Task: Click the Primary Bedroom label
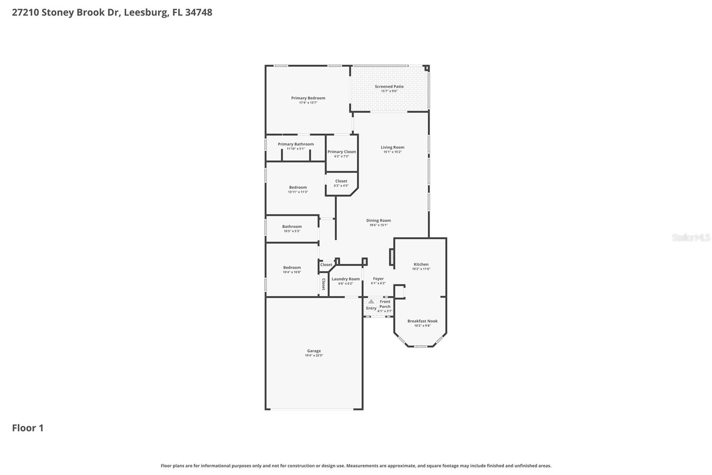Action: pos(308,98)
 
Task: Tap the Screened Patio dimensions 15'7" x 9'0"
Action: pos(389,91)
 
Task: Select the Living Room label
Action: pos(392,147)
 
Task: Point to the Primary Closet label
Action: pos(341,152)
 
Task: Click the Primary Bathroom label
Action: pos(295,144)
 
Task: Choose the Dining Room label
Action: pos(378,221)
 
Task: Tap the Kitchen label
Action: pos(421,265)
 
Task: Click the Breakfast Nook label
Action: pos(422,321)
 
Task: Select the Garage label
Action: pos(314,351)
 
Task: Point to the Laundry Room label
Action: pos(345,279)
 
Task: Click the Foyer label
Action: pos(378,279)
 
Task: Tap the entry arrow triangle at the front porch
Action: pos(371,302)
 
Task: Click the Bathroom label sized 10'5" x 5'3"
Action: pos(292,227)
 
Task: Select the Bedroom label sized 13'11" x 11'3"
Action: pos(298,188)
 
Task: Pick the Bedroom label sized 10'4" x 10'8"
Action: pos(292,268)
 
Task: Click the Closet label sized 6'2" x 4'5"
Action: pos(341,181)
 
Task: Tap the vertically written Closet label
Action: pos(324,284)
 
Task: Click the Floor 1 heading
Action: pos(28,428)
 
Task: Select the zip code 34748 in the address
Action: pos(198,12)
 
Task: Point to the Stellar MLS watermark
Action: pos(691,238)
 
